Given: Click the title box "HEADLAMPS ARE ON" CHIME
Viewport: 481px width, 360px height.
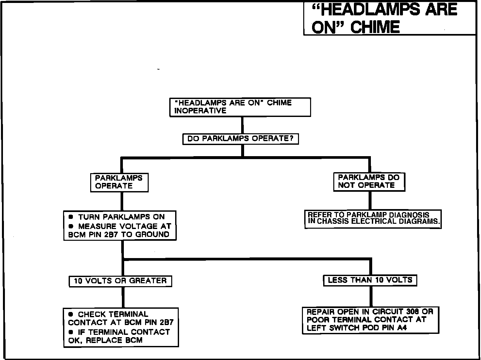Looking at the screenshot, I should [390, 18].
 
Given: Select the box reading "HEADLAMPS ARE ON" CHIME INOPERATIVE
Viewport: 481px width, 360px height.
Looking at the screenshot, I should [240, 107].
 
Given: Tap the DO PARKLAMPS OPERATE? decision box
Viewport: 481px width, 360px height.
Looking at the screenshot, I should [241, 139].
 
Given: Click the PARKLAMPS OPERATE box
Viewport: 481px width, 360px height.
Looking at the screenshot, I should [119, 182].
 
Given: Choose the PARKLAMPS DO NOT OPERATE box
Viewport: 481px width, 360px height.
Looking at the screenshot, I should [369, 182].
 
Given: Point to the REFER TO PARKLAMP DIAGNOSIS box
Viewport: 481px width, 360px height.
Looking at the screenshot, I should [373, 219].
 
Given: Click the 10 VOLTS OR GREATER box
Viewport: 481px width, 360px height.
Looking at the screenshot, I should [120, 281].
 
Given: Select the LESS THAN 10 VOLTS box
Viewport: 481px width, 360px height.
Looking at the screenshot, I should [370, 280].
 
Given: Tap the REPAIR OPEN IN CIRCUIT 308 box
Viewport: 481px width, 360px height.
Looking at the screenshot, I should [370, 320].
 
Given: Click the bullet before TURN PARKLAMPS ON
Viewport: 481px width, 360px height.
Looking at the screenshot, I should [71, 217].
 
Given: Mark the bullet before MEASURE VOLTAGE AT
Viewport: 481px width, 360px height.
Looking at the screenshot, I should [71, 226].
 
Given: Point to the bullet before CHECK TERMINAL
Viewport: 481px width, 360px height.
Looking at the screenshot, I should [71, 314].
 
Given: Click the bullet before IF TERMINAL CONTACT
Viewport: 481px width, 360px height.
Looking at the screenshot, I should [71, 332].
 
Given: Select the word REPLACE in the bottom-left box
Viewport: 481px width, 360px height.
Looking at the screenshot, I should [100, 340].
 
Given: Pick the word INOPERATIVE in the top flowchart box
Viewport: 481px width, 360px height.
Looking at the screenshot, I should [200, 111].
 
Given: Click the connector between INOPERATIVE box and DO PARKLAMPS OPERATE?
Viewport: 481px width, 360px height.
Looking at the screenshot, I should [242, 125].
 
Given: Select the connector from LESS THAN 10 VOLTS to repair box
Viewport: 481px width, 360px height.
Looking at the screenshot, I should [371, 296].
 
